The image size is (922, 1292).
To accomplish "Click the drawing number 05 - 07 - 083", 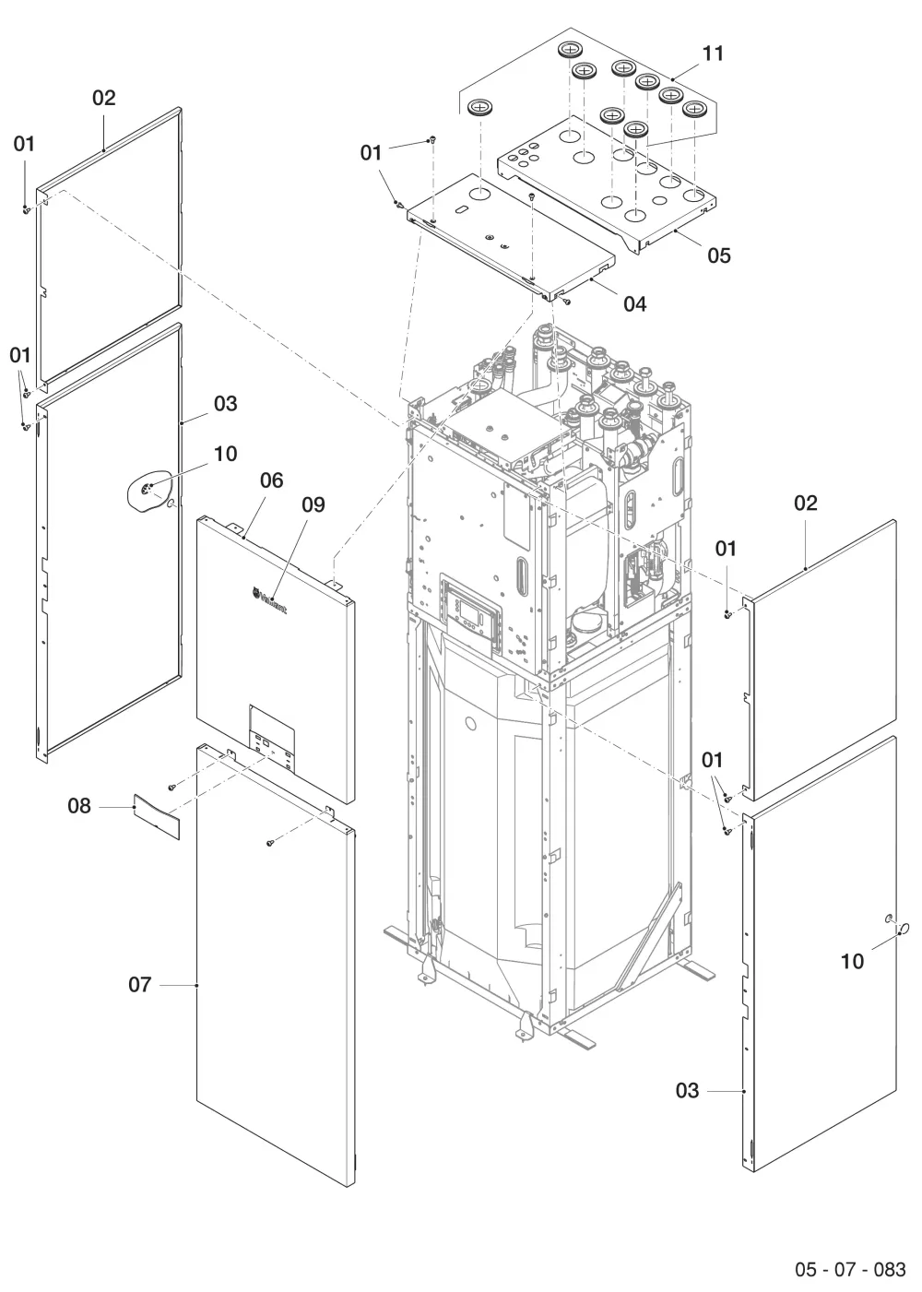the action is tap(850, 1269).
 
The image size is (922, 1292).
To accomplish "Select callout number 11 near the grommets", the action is tap(713, 53).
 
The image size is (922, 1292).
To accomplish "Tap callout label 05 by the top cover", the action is tap(718, 255).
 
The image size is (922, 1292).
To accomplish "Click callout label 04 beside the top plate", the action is tap(635, 304).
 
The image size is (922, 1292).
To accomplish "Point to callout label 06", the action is tap(272, 480).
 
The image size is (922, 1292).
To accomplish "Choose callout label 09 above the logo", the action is tap(313, 504).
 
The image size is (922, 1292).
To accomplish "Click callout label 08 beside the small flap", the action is tap(79, 806).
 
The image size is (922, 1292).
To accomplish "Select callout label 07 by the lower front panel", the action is tap(139, 985).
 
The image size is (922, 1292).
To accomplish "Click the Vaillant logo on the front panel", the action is tap(269, 599).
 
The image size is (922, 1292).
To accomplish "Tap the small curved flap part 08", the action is tap(157, 815).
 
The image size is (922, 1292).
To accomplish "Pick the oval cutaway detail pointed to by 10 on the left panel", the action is tap(149, 493).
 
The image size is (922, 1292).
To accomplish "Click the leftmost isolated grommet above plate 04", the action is tap(478, 107).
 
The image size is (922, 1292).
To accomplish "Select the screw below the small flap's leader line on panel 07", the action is tap(269, 843).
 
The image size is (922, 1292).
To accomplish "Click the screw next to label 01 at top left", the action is tap(26, 210).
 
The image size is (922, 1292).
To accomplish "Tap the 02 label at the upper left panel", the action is tap(104, 98).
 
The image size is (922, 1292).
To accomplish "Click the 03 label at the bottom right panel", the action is tap(687, 1091).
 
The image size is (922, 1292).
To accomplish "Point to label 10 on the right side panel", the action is tap(852, 962).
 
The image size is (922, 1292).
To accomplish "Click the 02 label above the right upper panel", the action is tap(806, 503).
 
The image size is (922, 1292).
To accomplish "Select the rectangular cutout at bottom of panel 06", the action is tap(272, 739).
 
